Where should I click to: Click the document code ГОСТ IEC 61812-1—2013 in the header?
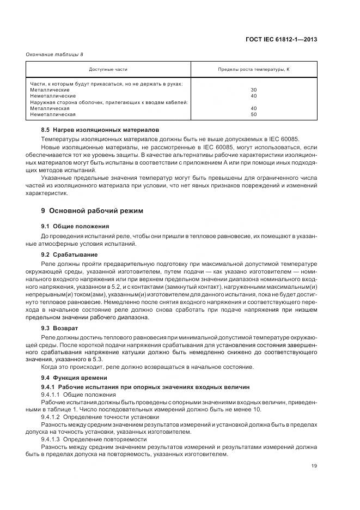[x=281, y=39]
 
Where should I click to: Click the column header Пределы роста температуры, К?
[x=253, y=69]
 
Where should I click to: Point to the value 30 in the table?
[x=253, y=90]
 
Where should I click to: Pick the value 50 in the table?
[x=253, y=114]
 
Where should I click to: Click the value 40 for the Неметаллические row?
[x=253, y=96]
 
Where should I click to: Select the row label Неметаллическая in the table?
[x=53, y=114]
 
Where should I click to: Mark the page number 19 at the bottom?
[x=314, y=466]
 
